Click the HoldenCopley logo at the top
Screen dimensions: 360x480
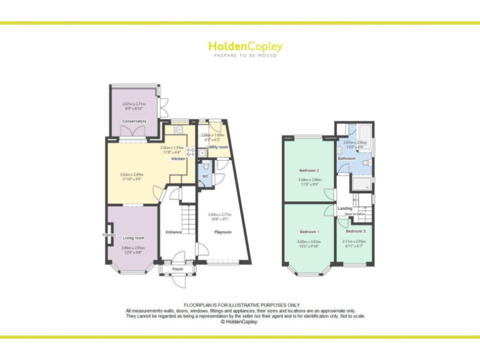pos(245,46)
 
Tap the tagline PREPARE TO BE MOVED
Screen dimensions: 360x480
pos(245,56)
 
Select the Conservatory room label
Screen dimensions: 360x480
pos(134,121)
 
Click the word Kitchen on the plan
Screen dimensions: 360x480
pos(178,159)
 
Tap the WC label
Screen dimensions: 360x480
pos(204,176)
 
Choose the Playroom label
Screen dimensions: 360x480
pos(223,232)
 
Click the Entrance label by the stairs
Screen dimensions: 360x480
pos(173,232)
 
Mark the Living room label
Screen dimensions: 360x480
pos(133,237)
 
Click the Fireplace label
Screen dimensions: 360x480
pos(109,235)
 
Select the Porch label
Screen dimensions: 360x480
pos(177,269)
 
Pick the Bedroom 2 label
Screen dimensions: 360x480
pos(309,171)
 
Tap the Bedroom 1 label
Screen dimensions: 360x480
pos(309,231)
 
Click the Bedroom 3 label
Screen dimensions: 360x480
pos(355,232)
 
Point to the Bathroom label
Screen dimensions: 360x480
pos(347,159)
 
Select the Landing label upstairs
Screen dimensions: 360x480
pos(345,208)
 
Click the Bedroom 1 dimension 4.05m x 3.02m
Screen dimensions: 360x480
pos(309,243)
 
